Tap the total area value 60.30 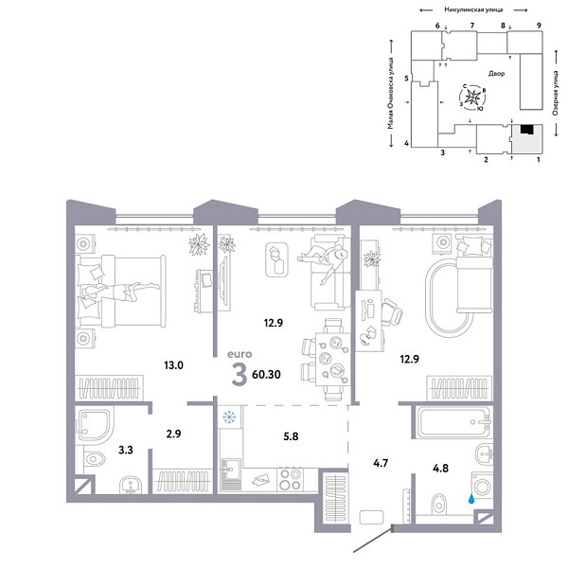pos(265,374)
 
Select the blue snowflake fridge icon pos(229,417)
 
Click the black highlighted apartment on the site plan pos(524,133)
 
